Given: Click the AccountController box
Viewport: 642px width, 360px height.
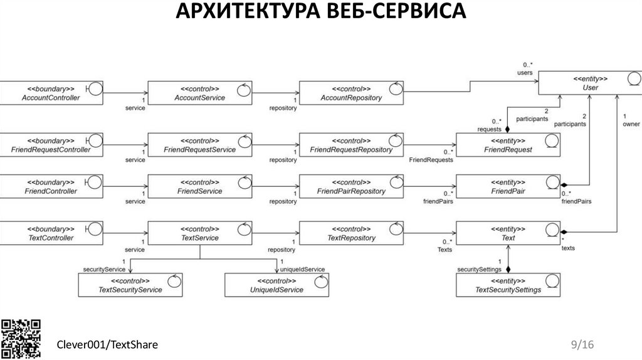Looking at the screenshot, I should coord(51,93).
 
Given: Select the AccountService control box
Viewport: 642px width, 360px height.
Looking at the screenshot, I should coord(199,93).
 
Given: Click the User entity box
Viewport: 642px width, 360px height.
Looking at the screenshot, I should coord(590,83).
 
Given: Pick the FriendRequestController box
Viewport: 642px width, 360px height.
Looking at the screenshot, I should coord(51,144).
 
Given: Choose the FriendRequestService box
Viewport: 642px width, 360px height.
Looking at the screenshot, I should coord(199,144).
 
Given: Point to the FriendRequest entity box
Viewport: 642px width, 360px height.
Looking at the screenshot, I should coord(508,144).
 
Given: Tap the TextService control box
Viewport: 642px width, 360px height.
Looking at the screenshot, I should coord(199,233).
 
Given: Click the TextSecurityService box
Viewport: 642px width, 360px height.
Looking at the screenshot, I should coord(130,285).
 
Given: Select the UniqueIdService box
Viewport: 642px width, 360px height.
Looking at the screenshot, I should coord(278,285).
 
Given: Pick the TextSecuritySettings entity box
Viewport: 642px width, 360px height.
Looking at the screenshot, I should coord(508,285).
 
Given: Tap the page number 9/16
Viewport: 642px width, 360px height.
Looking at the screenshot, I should coord(582,344).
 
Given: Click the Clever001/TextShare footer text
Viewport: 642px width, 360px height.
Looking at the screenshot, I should coord(108,345).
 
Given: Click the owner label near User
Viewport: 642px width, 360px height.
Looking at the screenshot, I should coord(631,124).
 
